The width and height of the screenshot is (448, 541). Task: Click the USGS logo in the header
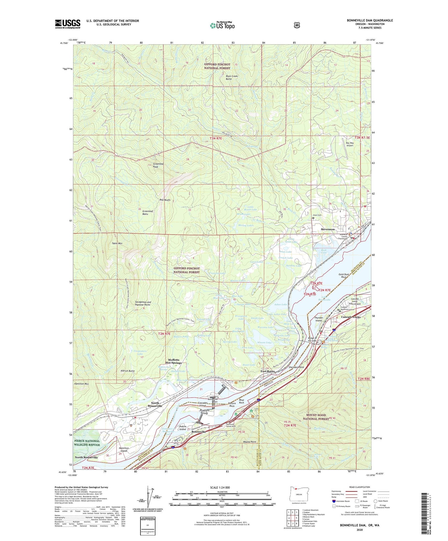(x=68, y=24)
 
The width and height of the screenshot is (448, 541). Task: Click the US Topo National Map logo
(x=222, y=25)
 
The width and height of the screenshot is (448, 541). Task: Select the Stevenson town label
(x=328, y=229)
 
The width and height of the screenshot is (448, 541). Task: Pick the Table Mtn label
(x=117, y=244)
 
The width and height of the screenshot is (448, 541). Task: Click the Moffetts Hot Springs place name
(x=174, y=361)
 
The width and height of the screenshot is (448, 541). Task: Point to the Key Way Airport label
(x=349, y=144)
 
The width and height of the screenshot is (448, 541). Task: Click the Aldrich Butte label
(x=127, y=371)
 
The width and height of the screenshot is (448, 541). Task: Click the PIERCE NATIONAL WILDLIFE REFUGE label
(x=87, y=443)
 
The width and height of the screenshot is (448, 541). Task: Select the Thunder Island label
(x=319, y=319)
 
